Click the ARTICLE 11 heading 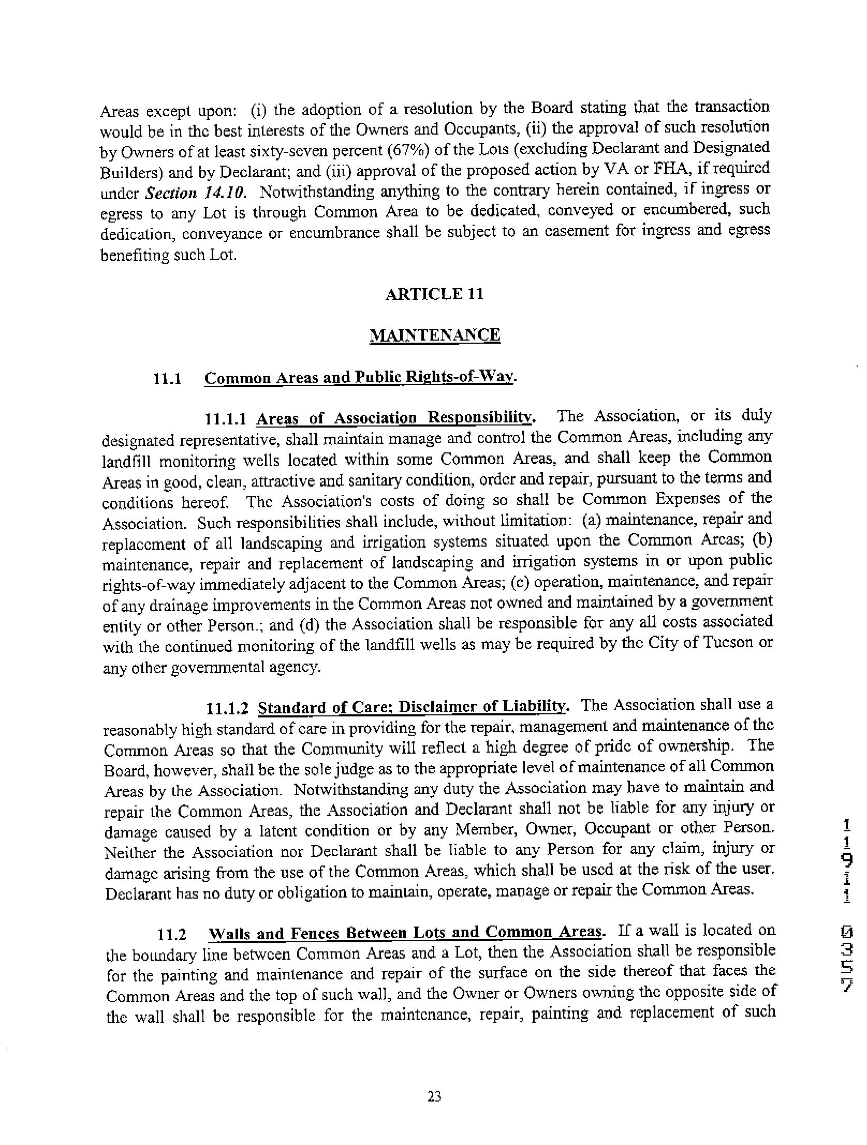coord(434,294)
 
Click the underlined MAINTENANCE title coord(435,335)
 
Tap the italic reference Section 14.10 coord(196,193)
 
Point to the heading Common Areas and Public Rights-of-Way coord(360,377)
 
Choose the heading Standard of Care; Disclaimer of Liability coord(413,707)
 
